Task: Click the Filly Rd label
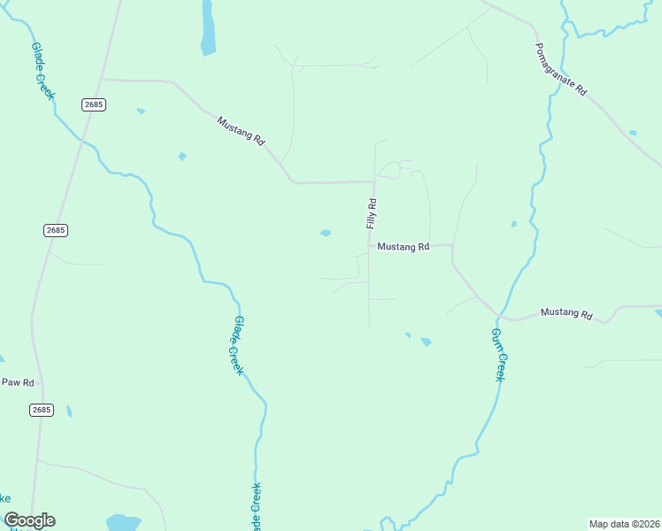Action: point(373,214)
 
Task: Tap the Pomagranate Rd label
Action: point(561,69)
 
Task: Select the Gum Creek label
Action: point(499,354)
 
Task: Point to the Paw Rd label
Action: point(18,382)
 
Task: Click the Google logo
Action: point(29,520)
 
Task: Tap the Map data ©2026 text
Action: point(624,524)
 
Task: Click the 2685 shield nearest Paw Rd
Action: point(41,410)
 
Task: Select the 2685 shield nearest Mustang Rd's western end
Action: point(94,104)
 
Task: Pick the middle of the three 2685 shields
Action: point(55,230)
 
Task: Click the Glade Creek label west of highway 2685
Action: point(42,71)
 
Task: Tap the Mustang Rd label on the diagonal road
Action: point(241,128)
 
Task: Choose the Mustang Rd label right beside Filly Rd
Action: point(403,247)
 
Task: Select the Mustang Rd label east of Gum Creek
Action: point(566,312)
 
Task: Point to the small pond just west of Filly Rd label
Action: point(326,234)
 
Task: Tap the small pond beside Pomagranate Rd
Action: point(632,133)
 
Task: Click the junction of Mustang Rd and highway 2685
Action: point(102,80)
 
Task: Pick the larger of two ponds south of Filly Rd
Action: point(426,342)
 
